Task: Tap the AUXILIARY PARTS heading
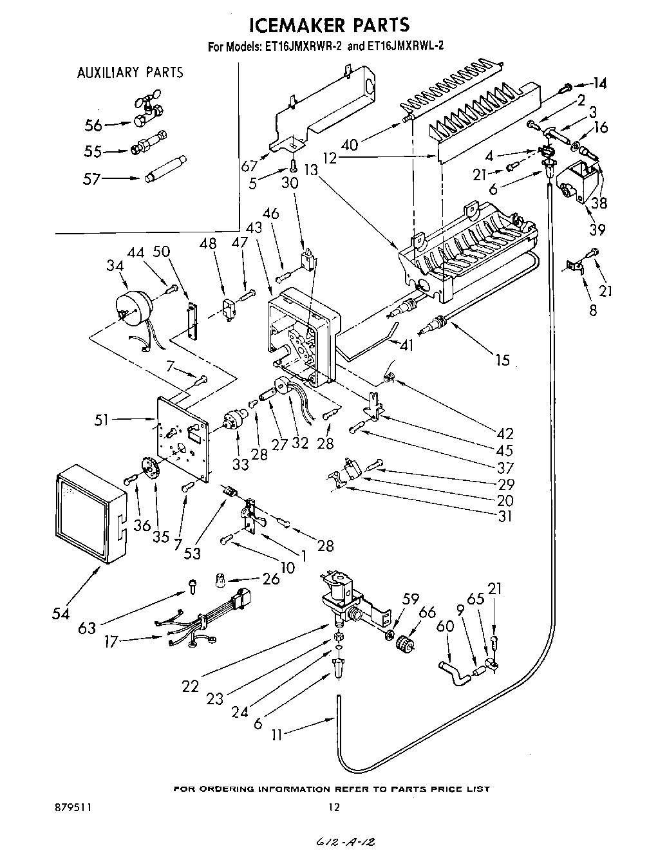pyautogui.click(x=130, y=73)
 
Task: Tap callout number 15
pyautogui.click(x=503, y=359)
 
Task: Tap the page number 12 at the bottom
pyautogui.click(x=333, y=807)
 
